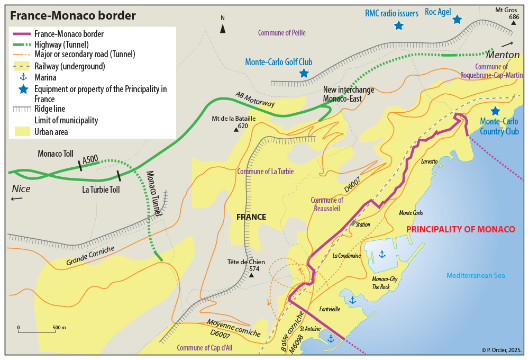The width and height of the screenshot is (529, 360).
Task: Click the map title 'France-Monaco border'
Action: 72,16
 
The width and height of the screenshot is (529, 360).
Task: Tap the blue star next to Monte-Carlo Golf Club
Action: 304,73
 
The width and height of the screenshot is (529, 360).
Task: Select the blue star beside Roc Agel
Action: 457,20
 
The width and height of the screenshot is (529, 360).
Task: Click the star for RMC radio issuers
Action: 399,25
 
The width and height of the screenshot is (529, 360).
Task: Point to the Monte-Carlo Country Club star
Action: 495,111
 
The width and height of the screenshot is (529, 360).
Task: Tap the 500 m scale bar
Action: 38,331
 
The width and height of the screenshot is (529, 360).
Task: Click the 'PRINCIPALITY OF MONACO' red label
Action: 460,229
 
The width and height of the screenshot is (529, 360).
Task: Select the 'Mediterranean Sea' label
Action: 476,275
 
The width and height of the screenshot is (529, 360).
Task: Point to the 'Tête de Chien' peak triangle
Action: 252,275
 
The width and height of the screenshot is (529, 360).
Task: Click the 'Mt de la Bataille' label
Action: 233,119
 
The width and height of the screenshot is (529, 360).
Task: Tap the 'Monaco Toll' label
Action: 56,154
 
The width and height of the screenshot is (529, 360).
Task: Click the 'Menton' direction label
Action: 504,55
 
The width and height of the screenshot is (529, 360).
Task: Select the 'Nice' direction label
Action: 21,189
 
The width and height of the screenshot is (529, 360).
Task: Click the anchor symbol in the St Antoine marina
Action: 331,338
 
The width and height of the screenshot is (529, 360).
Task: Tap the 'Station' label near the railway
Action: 363,224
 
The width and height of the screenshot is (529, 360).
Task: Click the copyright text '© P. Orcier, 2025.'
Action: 501,350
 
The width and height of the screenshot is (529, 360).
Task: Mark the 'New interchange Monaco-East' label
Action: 349,94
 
